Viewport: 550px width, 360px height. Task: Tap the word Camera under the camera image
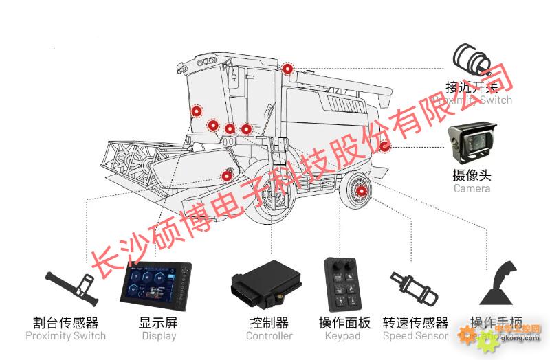pos(472,188)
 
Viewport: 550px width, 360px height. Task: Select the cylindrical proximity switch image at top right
pos(472,61)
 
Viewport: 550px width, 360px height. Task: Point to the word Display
pos(159,336)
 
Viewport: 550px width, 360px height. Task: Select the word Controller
pos(269,336)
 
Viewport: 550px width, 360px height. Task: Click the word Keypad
pos(342,336)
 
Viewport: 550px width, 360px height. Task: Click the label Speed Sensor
pos(415,336)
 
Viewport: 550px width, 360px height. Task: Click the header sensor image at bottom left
pos(69,289)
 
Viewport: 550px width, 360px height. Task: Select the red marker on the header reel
pos(226,175)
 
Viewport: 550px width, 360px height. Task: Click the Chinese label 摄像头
pos(472,175)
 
